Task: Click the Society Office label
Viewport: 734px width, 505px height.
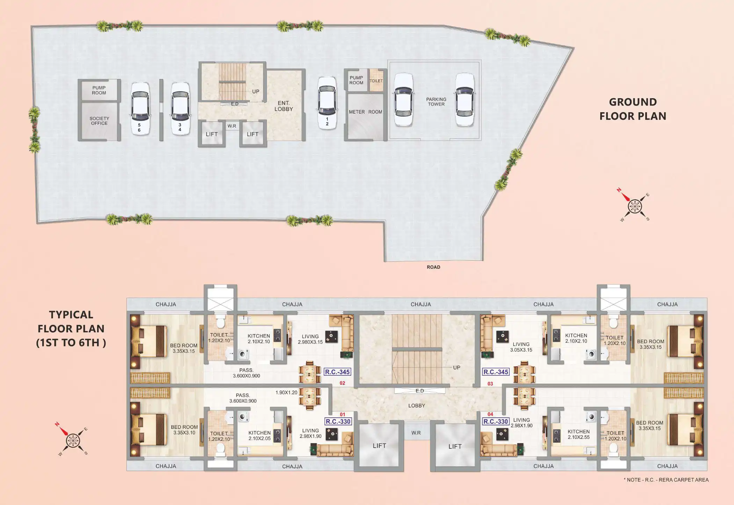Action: (99, 121)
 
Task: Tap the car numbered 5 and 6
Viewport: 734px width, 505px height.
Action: (140, 109)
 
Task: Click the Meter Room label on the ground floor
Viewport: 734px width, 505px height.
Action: (365, 112)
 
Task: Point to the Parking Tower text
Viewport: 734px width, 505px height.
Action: (436, 102)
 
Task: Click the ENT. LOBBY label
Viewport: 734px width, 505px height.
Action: (284, 106)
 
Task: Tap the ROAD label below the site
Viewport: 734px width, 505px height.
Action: (434, 267)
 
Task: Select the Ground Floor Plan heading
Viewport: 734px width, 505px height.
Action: (633, 109)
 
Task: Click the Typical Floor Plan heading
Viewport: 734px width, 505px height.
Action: (71, 329)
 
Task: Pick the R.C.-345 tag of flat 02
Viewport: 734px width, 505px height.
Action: (337, 372)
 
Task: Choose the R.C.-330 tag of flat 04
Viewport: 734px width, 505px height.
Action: (495, 421)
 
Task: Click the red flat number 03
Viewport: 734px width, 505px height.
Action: (490, 384)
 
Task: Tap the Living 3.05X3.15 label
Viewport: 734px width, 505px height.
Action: (521, 347)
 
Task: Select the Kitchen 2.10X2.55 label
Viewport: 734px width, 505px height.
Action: (579, 434)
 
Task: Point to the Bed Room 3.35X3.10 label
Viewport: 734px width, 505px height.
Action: (184, 430)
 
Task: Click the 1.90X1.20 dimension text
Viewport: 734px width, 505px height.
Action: (286, 392)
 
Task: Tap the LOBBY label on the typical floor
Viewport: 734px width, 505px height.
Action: (417, 406)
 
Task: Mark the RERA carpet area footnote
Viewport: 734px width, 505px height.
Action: (666, 480)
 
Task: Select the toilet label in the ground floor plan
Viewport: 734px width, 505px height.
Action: (376, 81)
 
